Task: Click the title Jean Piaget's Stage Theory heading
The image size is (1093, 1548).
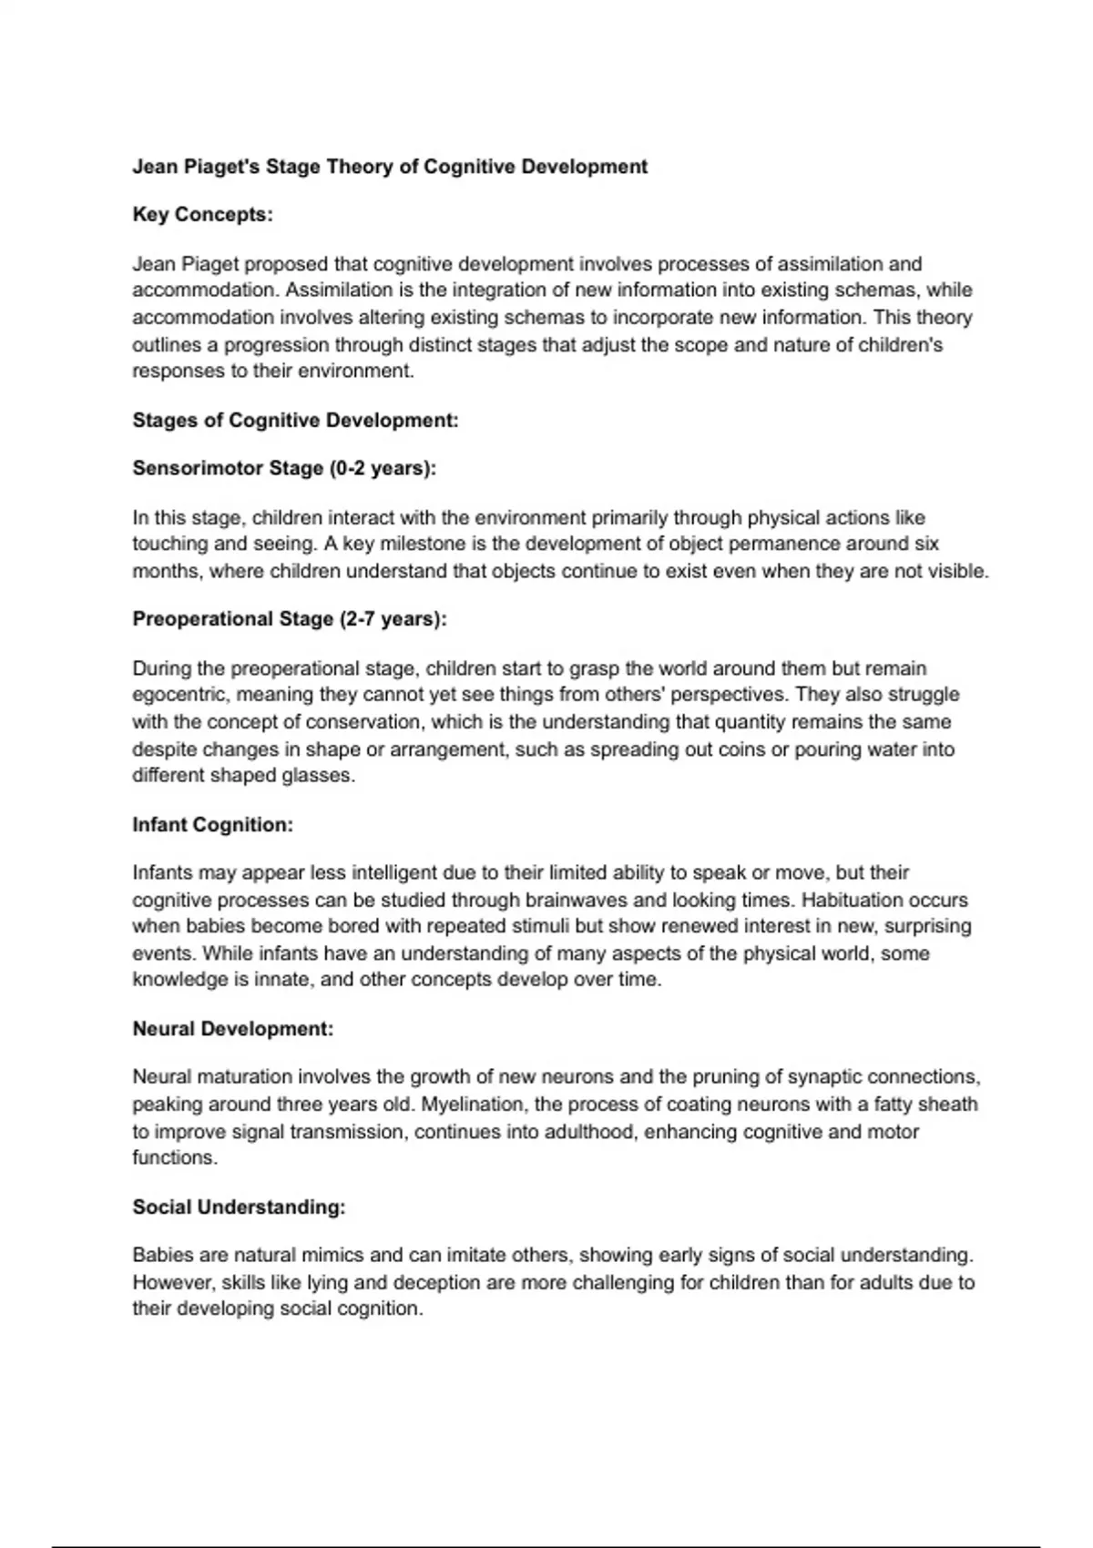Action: click(390, 167)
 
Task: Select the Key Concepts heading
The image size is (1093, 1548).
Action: click(202, 215)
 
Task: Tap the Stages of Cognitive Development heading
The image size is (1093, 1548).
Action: click(295, 420)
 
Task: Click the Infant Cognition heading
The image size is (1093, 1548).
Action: click(212, 825)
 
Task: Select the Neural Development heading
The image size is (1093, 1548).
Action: click(233, 1029)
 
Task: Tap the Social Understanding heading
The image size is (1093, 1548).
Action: click(239, 1207)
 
